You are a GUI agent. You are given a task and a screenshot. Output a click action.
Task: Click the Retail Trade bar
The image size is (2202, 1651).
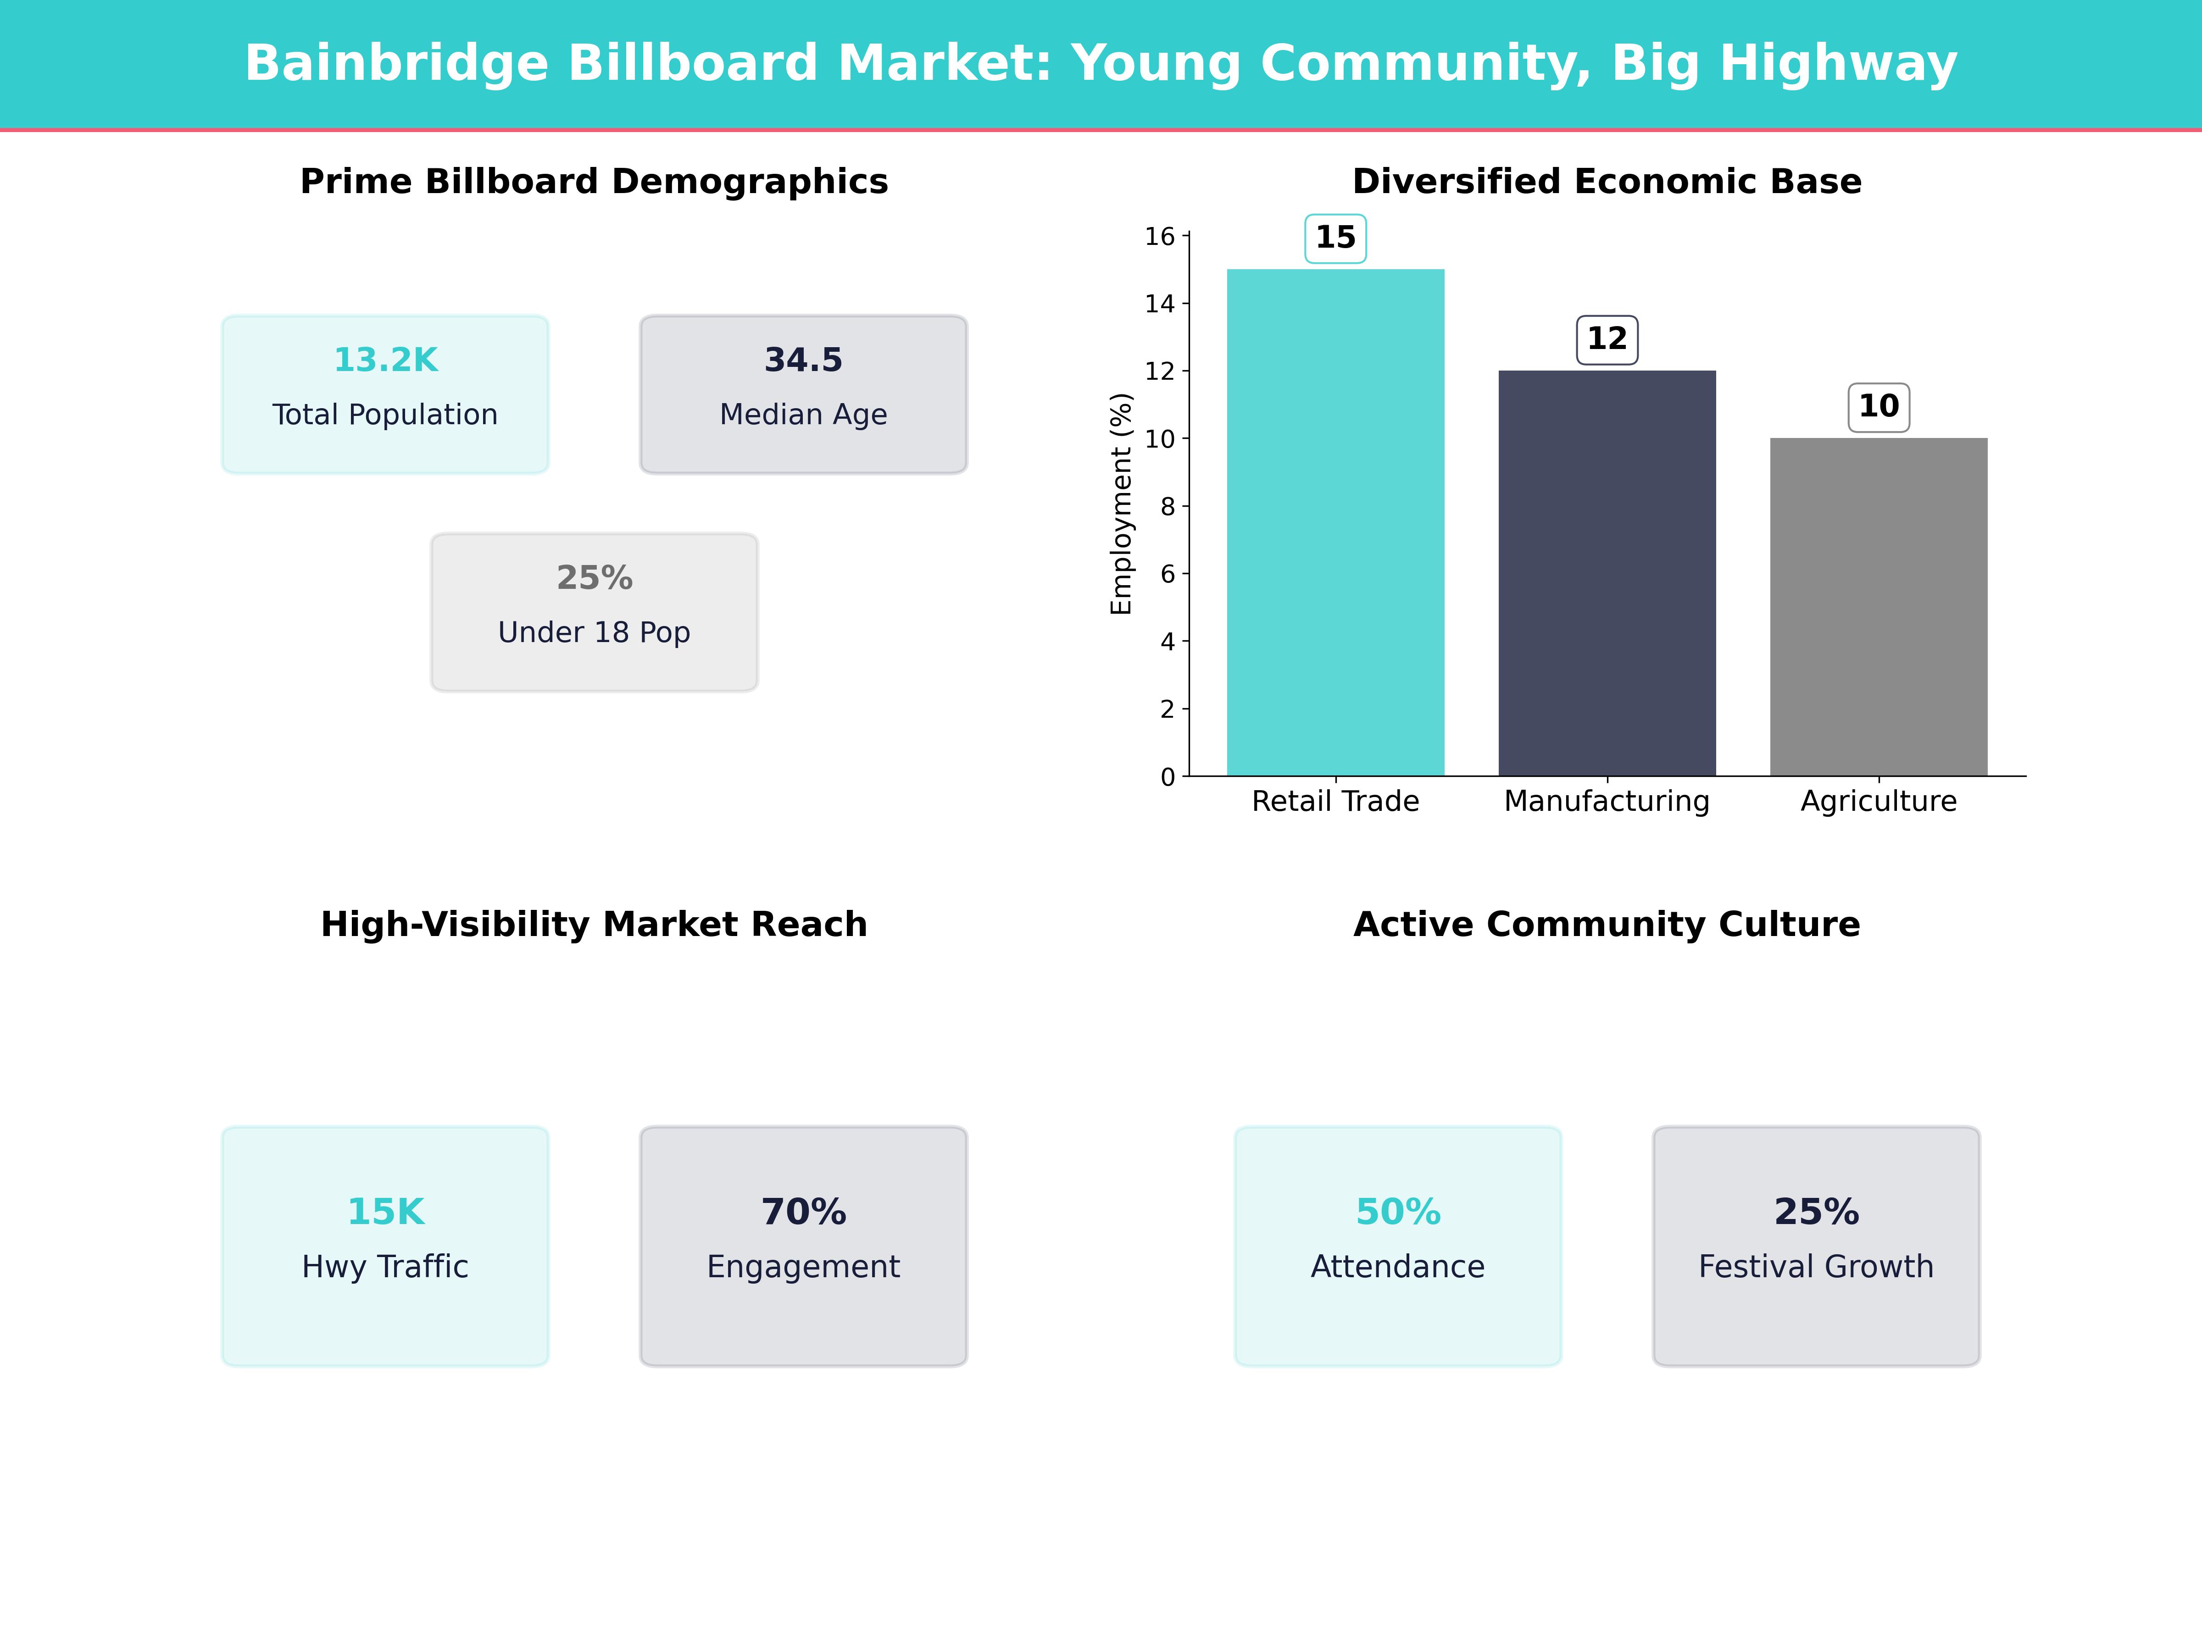tap(1335, 522)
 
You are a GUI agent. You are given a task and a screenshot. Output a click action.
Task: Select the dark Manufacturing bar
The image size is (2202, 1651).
tap(1607, 573)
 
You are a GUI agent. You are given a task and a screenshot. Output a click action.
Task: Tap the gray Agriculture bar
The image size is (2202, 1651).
tap(1879, 607)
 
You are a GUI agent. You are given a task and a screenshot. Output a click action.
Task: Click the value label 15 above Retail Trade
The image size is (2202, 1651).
tap(1335, 238)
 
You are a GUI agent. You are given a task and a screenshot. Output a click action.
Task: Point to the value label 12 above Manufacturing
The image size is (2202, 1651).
tap(1607, 339)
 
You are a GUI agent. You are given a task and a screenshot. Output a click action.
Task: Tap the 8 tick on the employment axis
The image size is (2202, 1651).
tap(1167, 507)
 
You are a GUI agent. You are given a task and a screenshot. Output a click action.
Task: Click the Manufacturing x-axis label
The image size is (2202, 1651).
tap(1607, 801)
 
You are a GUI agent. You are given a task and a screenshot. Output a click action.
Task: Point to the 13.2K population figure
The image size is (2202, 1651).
tap(385, 360)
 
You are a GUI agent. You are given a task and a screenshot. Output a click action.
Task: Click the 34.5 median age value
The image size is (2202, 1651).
tap(803, 360)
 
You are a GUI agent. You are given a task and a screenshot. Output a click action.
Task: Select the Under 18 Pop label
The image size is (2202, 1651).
tap(594, 633)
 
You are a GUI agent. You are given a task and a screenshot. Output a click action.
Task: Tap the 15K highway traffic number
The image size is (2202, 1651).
tap(385, 1212)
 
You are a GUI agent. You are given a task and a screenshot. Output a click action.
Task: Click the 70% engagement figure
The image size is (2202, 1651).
tap(803, 1212)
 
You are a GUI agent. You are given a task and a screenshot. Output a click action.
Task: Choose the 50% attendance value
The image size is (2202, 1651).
tap(1398, 1212)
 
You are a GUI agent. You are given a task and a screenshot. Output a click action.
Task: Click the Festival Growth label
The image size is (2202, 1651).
tap(1816, 1267)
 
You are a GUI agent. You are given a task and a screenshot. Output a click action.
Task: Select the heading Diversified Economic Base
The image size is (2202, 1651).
tap(1607, 182)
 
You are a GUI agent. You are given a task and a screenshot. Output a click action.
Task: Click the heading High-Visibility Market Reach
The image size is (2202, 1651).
tap(594, 925)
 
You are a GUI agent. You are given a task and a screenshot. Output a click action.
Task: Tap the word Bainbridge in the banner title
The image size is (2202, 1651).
tap(396, 64)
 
